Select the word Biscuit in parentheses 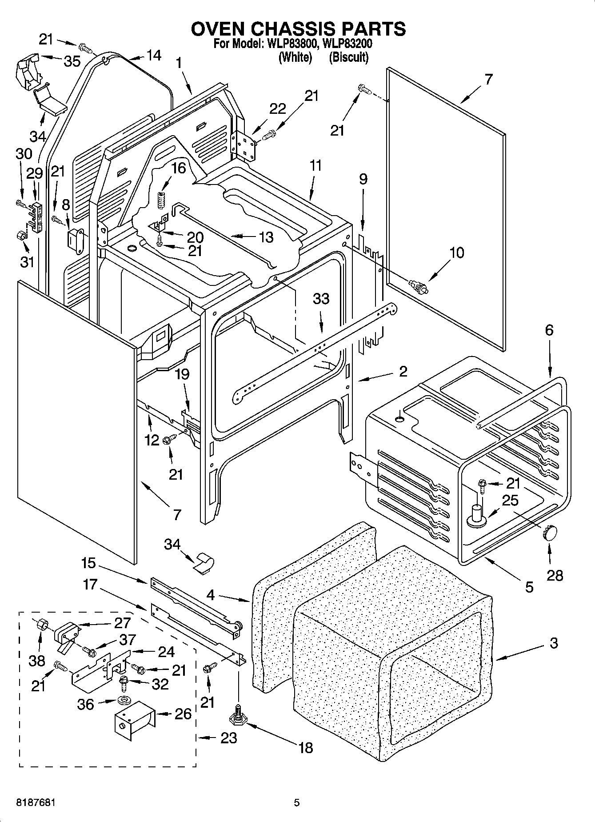click(349, 57)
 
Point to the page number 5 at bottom click(296, 802)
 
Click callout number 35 click(72, 61)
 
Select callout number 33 click(321, 298)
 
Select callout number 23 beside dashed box click(228, 738)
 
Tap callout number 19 click(182, 375)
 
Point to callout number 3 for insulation click(553, 643)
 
